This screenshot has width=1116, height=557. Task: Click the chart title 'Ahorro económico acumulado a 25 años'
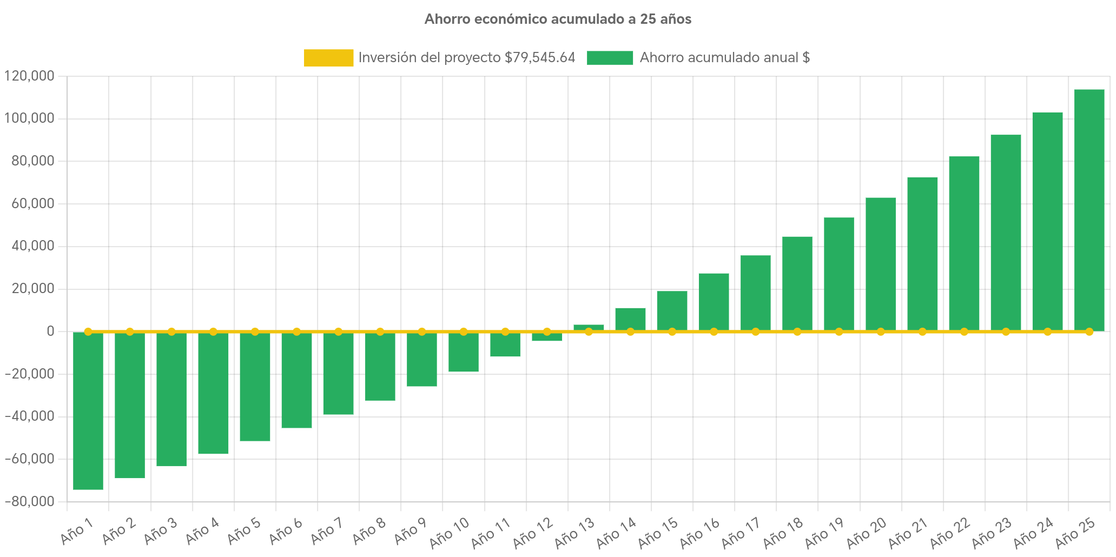(x=558, y=19)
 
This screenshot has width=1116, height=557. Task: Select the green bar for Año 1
(x=88, y=411)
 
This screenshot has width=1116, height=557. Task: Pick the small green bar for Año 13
(x=589, y=327)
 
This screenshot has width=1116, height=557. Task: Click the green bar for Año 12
(x=547, y=337)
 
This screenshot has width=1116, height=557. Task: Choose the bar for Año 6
(x=296, y=380)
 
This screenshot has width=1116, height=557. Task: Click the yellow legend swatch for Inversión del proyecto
(x=328, y=58)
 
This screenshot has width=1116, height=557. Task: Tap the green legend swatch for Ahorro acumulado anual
(x=610, y=58)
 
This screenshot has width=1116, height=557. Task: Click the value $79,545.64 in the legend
(x=539, y=58)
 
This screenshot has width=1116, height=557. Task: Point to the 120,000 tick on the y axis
(x=29, y=76)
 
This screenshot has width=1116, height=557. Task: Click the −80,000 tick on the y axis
(x=29, y=501)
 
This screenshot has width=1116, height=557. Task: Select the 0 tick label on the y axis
(x=50, y=331)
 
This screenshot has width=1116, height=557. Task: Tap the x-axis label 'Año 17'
(x=741, y=532)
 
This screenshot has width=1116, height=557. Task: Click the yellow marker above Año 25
(x=1089, y=331)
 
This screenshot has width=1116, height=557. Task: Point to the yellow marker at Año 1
(x=88, y=331)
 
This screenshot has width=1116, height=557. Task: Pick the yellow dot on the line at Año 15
(x=672, y=331)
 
